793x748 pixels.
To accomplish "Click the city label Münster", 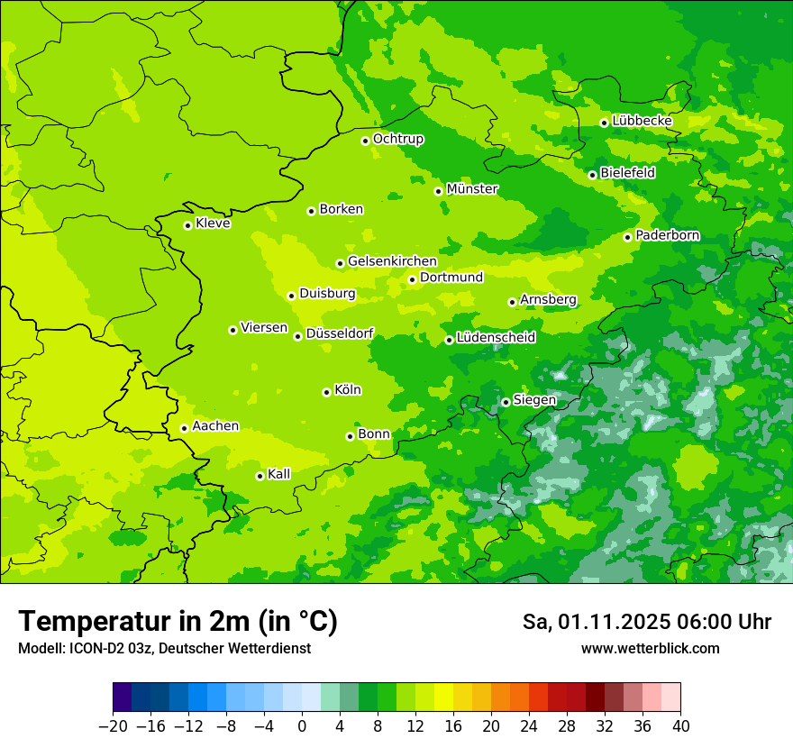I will [x=472, y=189].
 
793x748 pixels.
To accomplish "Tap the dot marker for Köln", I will [x=326, y=392].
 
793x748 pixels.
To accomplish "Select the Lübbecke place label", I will [x=642, y=121].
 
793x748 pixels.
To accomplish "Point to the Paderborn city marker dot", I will [x=627, y=237].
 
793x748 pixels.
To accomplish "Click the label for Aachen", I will [x=215, y=426].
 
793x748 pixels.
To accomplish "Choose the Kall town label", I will [x=278, y=474].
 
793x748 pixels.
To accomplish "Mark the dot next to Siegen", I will [x=506, y=402].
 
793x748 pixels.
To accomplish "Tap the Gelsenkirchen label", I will [x=392, y=261].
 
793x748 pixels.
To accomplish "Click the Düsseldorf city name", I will [x=340, y=334].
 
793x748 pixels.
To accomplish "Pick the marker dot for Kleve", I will [x=187, y=225].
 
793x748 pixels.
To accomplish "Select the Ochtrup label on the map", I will [x=398, y=139].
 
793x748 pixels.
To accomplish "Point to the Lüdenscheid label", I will [x=496, y=338].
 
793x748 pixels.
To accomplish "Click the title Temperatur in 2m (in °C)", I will [x=178, y=622].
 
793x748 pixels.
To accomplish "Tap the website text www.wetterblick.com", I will [x=650, y=649].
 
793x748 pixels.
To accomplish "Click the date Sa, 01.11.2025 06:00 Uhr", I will [x=646, y=623].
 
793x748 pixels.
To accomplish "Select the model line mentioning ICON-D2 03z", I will [x=164, y=649].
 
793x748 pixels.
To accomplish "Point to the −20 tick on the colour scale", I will [x=113, y=726].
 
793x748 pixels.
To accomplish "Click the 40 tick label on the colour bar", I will [x=680, y=726].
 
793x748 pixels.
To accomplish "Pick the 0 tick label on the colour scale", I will [x=302, y=726].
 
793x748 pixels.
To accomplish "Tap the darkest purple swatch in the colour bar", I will [x=123, y=698].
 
